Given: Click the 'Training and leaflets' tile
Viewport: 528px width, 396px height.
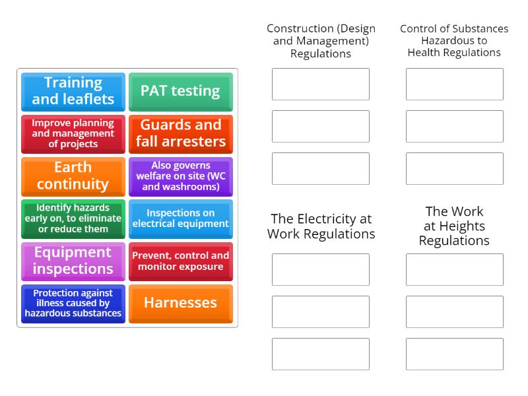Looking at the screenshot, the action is [x=73, y=92].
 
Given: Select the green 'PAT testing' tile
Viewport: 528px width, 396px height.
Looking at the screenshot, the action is [x=180, y=92].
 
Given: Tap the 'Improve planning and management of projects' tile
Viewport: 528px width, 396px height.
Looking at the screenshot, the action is [x=73, y=134].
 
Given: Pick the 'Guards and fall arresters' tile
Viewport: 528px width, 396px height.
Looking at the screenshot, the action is [x=180, y=134].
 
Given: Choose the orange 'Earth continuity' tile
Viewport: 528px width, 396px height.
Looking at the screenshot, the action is [x=73, y=176].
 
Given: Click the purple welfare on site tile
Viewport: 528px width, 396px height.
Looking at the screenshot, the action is [x=180, y=176].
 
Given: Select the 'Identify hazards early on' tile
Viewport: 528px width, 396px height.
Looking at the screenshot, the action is [x=73, y=218].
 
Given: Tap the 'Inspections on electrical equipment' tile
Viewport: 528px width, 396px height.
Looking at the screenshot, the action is [x=180, y=218].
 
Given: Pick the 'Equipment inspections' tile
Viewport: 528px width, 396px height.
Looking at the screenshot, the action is [x=73, y=261].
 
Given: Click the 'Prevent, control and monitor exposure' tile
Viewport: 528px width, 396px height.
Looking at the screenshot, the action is [x=180, y=261].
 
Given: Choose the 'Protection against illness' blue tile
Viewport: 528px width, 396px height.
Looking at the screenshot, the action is [x=73, y=303].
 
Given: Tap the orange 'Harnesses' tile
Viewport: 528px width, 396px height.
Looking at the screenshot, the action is [x=180, y=303].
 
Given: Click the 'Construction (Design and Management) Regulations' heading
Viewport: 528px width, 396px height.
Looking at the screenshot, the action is [x=321, y=41].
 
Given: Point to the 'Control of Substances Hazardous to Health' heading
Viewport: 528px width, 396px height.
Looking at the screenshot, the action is [x=454, y=41].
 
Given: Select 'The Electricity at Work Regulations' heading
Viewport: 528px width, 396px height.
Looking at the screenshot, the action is [x=321, y=226].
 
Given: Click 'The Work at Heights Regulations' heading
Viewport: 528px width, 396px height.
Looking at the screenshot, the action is [x=454, y=226].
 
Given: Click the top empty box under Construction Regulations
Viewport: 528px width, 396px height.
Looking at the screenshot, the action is [x=321, y=84].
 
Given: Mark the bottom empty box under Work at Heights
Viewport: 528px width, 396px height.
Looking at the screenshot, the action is [x=454, y=354].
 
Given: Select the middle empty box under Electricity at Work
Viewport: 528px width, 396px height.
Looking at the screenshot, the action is [x=321, y=312].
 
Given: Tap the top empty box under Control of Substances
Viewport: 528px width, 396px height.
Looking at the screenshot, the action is [x=454, y=84].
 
